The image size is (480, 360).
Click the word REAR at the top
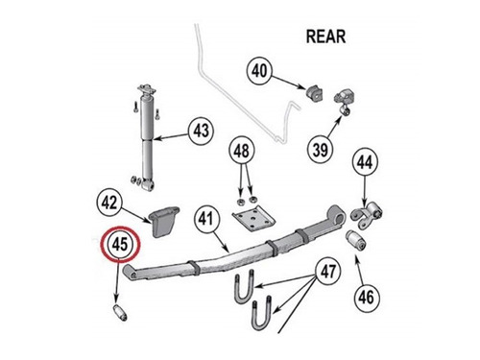point(325,36)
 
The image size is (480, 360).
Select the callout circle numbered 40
point(259,71)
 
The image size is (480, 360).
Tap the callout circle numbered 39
point(321,150)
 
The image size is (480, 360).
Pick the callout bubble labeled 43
point(201,131)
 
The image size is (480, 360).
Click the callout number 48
point(241,151)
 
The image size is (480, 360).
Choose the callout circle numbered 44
point(365,162)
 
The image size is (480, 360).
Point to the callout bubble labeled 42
point(109,203)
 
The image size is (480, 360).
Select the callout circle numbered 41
point(205,219)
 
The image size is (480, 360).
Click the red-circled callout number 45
point(120,245)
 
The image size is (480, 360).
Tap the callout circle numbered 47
point(328,272)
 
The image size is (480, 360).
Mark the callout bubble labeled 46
point(367,298)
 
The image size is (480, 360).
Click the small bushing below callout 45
point(121,313)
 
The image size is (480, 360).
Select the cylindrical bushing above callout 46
point(356,241)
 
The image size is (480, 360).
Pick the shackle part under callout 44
point(367,215)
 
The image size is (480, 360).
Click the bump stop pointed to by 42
point(164,222)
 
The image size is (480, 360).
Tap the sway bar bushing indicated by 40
point(314,92)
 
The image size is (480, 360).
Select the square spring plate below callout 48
point(253,220)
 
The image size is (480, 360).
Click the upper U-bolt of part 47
point(245,286)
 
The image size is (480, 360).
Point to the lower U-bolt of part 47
point(262,313)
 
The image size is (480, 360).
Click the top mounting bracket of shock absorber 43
point(146,89)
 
